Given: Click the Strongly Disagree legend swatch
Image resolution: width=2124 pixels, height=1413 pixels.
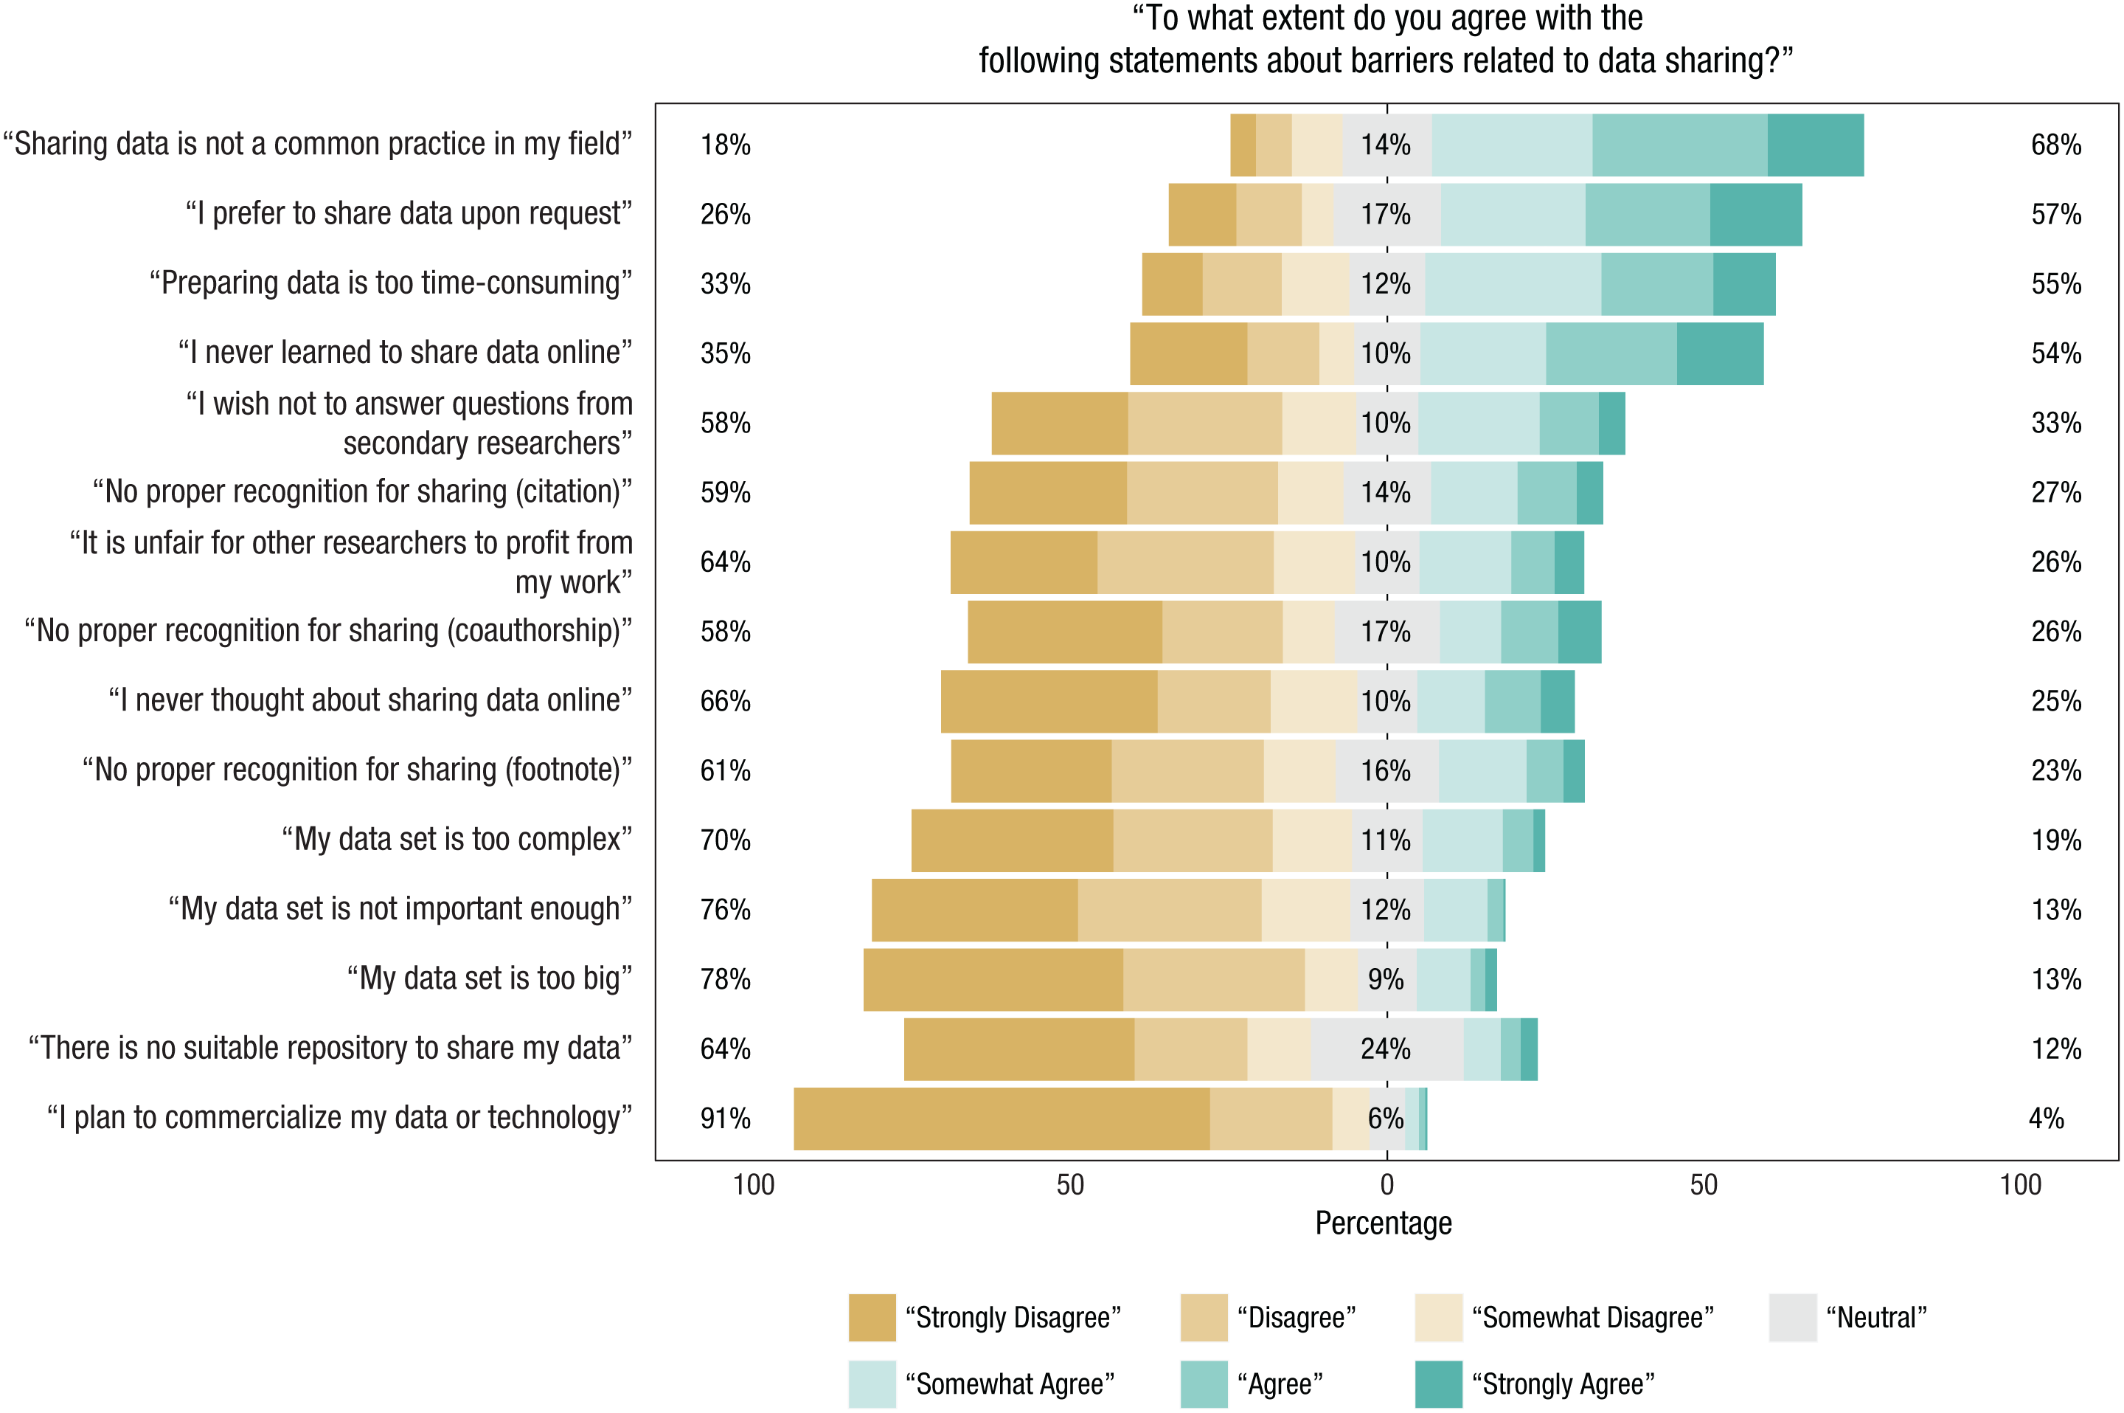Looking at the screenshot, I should tap(872, 1318).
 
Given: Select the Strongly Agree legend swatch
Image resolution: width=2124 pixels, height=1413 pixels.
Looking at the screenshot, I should tap(1437, 1384).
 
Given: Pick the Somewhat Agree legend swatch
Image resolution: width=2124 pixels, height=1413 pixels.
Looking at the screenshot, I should tap(872, 1384).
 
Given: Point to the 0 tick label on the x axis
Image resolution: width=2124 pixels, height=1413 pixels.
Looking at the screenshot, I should tap(1386, 1184).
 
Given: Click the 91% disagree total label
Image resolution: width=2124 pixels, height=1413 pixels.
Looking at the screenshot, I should tap(725, 1119).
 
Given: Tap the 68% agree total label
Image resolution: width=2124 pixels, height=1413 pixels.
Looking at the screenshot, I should tap(2055, 144).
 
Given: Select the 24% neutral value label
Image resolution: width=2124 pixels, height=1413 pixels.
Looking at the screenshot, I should tap(1385, 1049).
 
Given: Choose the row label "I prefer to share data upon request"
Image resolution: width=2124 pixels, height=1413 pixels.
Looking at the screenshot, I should tap(409, 213).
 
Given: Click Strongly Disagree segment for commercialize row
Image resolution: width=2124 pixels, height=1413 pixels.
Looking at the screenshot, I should tap(1002, 1119).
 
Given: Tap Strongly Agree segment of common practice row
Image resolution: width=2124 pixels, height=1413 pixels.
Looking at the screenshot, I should tap(1815, 144).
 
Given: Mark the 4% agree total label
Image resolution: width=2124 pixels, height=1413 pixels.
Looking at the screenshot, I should tap(2046, 1119).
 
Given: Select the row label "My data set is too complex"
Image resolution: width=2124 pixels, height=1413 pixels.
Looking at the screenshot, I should tap(457, 840).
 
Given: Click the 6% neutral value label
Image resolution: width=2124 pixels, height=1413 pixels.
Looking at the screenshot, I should tap(1385, 1119).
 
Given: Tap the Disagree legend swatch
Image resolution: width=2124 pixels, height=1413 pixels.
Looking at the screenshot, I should tap(1204, 1318).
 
